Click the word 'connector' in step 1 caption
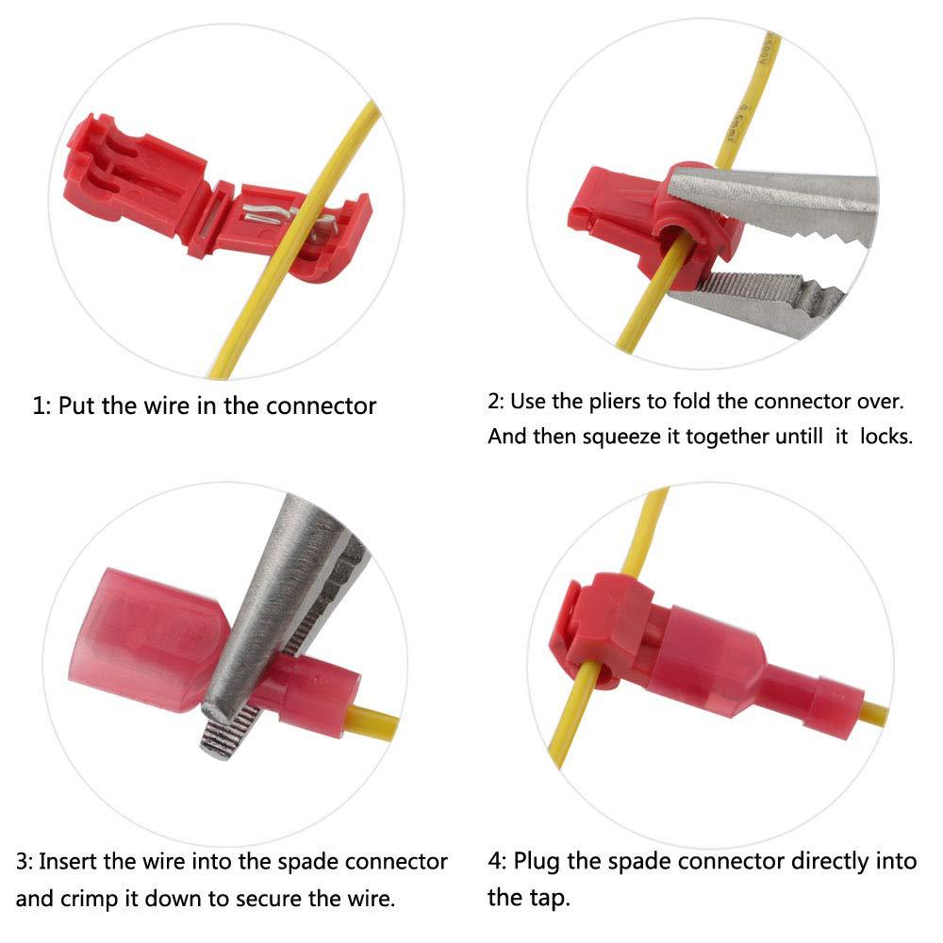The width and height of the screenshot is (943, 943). [x=322, y=406]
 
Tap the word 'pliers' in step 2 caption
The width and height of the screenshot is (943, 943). [x=615, y=401]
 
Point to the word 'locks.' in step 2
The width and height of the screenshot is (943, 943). [x=885, y=436]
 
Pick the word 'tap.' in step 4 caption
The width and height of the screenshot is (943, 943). [x=550, y=899]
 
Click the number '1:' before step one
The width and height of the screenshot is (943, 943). [x=41, y=406]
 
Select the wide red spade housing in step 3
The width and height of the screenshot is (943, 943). [x=147, y=638]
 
